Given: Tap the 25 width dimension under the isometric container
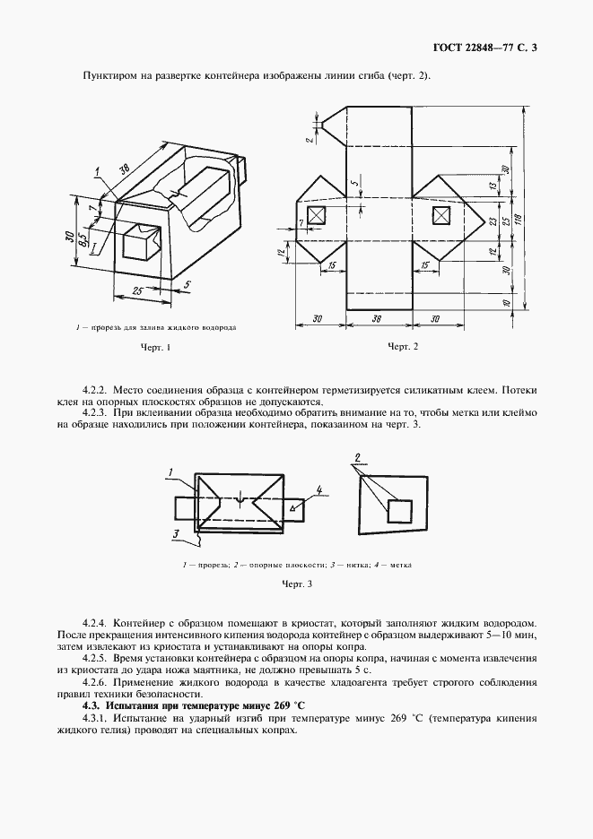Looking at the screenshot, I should pyautogui.click(x=137, y=290).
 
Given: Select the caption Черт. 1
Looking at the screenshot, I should pyautogui.click(x=154, y=347).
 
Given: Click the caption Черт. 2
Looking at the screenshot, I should pyautogui.click(x=403, y=347).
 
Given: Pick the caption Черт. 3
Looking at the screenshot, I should pyautogui.click(x=296, y=584).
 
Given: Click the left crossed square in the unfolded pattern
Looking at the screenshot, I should pyautogui.click(x=317, y=216).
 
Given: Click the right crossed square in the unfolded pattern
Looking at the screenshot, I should pyautogui.click(x=440, y=216).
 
